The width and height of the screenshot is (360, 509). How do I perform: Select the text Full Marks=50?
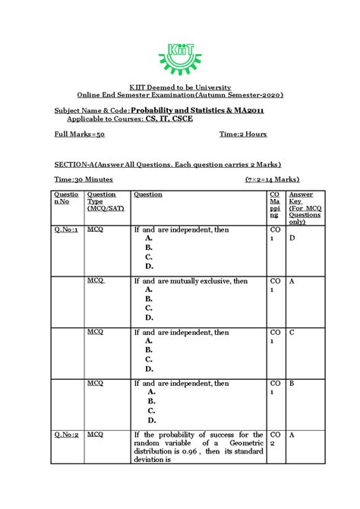(x=79, y=134)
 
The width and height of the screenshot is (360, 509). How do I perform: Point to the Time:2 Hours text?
(x=243, y=134)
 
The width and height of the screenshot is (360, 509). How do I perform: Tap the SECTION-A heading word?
(x=77, y=164)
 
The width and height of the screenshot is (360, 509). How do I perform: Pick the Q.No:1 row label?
(x=66, y=228)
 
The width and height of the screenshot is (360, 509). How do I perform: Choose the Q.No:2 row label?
(x=66, y=435)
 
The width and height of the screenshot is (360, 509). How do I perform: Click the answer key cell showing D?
(x=292, y=238)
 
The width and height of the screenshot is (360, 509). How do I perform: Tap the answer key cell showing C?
(x=292, y=332)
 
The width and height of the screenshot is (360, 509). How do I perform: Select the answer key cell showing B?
(x=292, y=384)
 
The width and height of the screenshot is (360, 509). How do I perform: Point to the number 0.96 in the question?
(x=182, y=450)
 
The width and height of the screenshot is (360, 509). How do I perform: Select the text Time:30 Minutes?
(x=84, y=179)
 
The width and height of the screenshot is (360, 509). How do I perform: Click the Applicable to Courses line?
(x=130, y=119)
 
